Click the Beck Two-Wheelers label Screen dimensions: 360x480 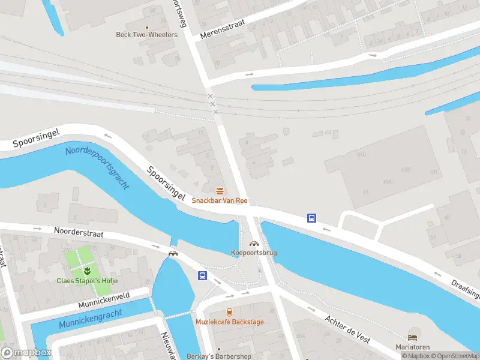[x=146, y=35]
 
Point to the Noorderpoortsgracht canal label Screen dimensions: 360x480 [x=97, y=167]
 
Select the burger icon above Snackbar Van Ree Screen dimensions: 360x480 [x=220, y=191]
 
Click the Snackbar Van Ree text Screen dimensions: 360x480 [x=220, y=200]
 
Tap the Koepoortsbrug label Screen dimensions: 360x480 [x=254, y=253]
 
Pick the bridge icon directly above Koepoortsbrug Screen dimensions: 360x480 [x=254, y=244]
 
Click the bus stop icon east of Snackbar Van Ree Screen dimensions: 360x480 [x=312, y=218]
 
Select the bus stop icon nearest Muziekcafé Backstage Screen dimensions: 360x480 [x=203, y=276]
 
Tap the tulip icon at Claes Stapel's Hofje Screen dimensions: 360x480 [x=80, y=270]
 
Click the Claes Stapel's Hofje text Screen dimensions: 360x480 [x=87, y=281]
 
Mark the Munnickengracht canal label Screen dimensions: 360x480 [x=90, y=319]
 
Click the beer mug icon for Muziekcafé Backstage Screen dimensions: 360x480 [x=229, y=311]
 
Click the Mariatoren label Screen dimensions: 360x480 [x=412, y=347]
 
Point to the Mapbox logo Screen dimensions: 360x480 [x=26, y=353]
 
